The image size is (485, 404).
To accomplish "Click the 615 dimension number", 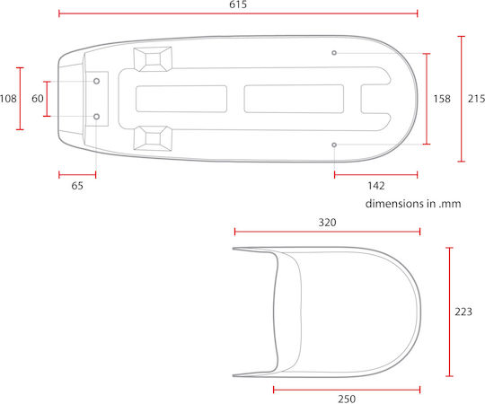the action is click(238, 4).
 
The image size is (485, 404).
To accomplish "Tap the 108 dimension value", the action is click(8, 99).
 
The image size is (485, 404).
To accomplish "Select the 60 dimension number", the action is click(38, 99).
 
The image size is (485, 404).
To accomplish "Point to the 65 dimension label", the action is click(77, 186).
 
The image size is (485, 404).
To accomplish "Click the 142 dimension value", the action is click(376, 186).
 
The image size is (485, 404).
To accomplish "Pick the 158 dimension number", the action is click(442, 99).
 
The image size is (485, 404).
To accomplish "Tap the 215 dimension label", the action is click(476, 99).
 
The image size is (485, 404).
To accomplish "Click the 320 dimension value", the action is click(327, 223).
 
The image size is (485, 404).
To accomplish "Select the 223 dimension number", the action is click(463, 312).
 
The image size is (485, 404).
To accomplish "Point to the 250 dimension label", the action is click(347, 399).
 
